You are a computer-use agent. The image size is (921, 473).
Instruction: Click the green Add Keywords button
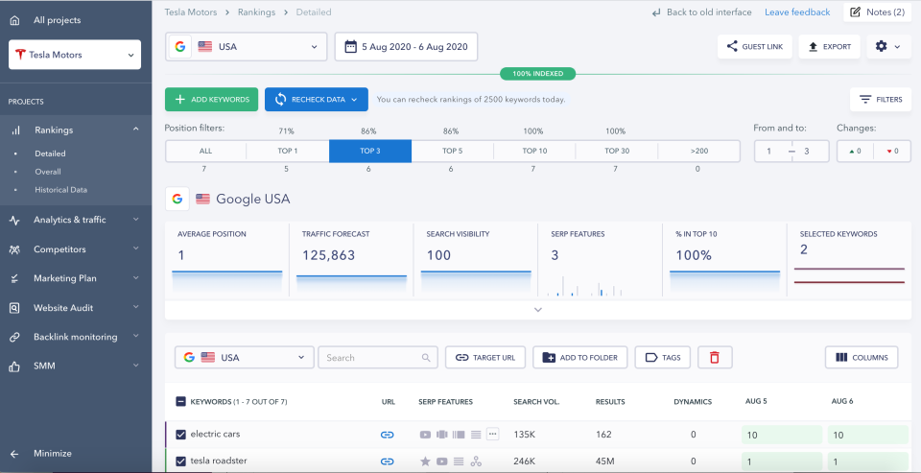click(x=211, y=99)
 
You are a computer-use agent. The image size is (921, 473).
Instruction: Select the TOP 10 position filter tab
click(x=534, y=151)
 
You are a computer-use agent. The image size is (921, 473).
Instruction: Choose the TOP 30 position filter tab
click(x=616, y=151)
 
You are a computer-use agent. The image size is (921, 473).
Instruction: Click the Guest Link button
click(x=755, y=46)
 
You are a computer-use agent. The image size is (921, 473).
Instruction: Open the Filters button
click(x=880, y=99)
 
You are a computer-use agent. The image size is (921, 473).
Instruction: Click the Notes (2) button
click(x=877, y=12)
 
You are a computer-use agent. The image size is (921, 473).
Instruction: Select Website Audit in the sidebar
click(x=63, y=308)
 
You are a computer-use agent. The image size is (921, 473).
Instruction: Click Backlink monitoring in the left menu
click(x=75, y=337)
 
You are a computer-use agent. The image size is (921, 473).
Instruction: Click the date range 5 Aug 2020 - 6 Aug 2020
click(x=406, y=46)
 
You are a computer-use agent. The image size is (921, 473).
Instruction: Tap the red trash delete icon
click(x=714, y=357)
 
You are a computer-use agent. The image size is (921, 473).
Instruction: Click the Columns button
click(x=861, y=357)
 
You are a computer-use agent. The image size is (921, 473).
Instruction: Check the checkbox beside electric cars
click(x=180, y=435)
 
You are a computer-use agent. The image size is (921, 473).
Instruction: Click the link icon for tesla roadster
click(x=388, y=461)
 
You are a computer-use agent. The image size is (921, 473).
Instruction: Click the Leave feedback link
click(x=797, y=12)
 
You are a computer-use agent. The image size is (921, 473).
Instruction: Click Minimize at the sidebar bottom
click(x=52, y=453)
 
